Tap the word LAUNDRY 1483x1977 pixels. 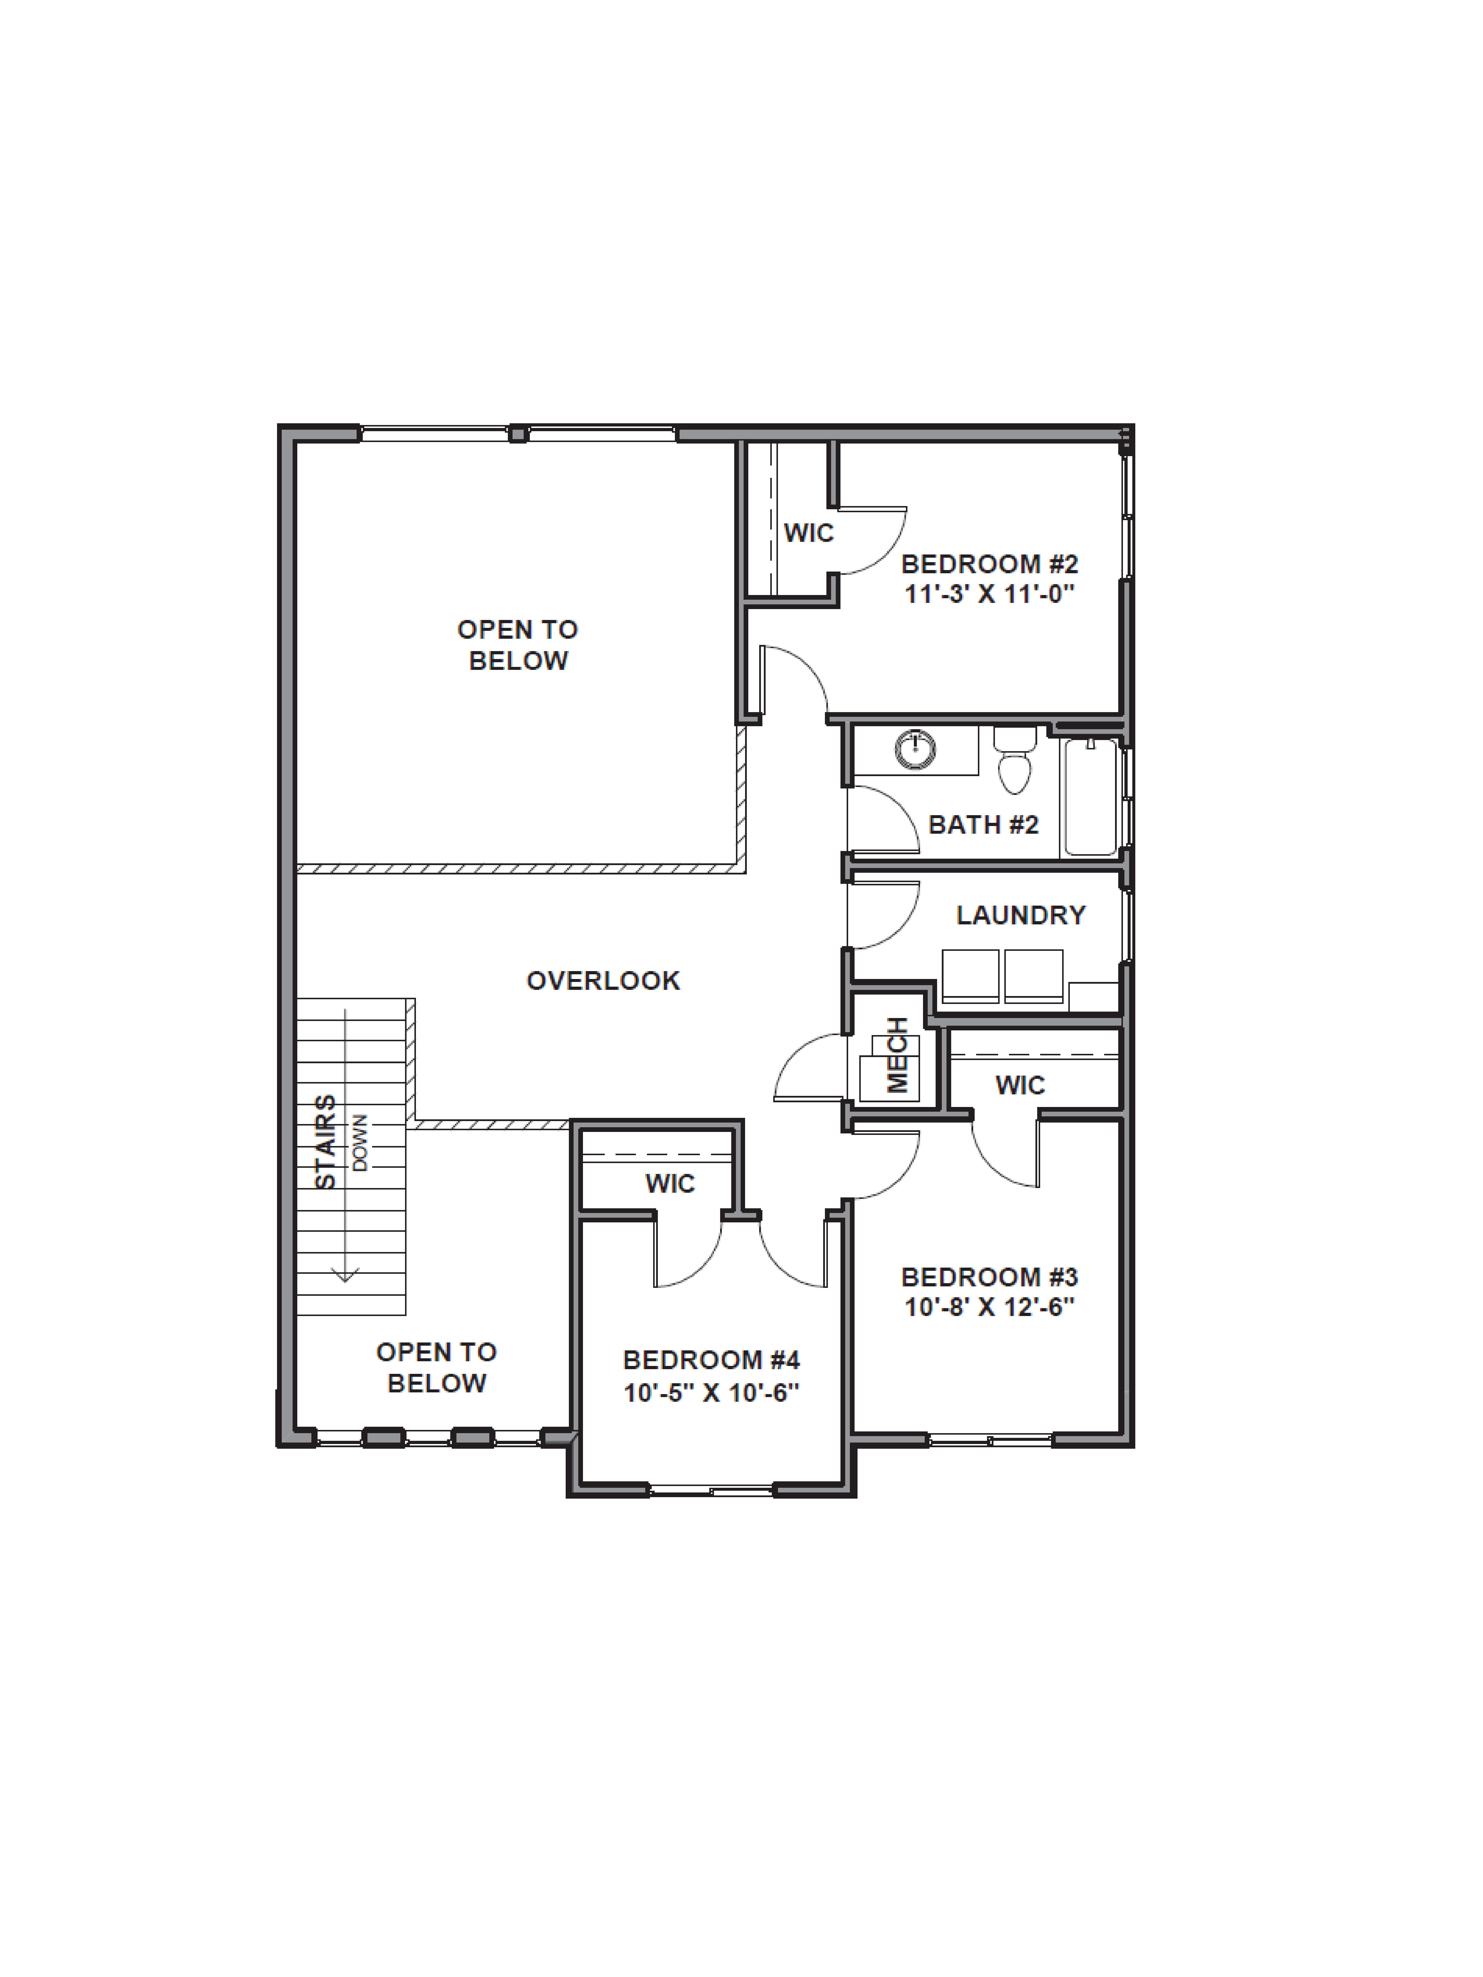click(x=1020, y=915)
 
